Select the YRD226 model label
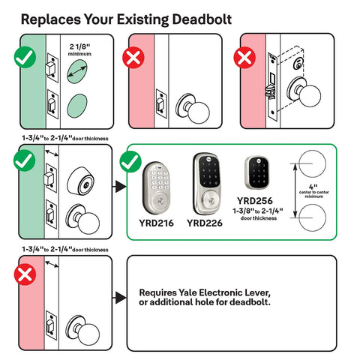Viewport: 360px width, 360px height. (204, 222)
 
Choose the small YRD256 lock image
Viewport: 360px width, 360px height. (256, 175)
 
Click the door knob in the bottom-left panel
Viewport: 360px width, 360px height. (82, 328)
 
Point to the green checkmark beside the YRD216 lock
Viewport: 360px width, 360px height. (132, 160)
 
